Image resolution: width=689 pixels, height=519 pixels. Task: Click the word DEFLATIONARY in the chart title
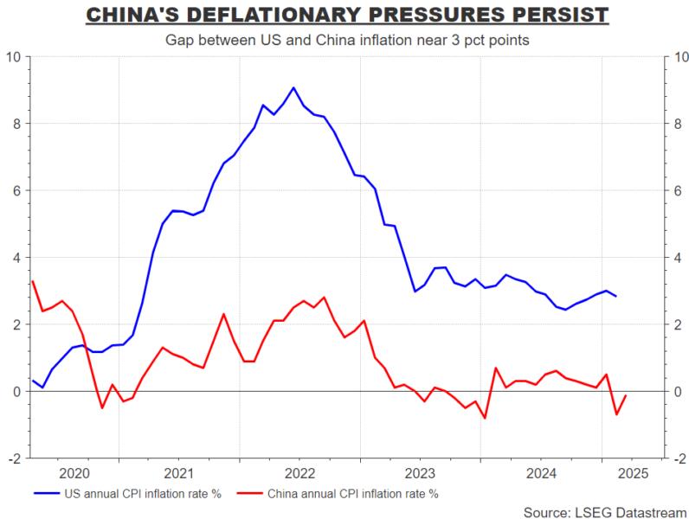[302, 16]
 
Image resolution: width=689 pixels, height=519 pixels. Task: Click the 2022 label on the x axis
[299, 473]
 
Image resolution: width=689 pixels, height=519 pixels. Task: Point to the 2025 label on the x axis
[628, 473]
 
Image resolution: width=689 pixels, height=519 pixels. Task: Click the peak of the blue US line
[293, 87]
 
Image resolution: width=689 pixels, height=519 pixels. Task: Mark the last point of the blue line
[616, 296]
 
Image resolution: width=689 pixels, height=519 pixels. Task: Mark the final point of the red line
[626, 395]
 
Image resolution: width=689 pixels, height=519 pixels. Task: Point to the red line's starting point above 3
[32, 281]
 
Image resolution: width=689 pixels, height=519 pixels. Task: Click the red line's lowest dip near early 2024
[485, 418]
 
